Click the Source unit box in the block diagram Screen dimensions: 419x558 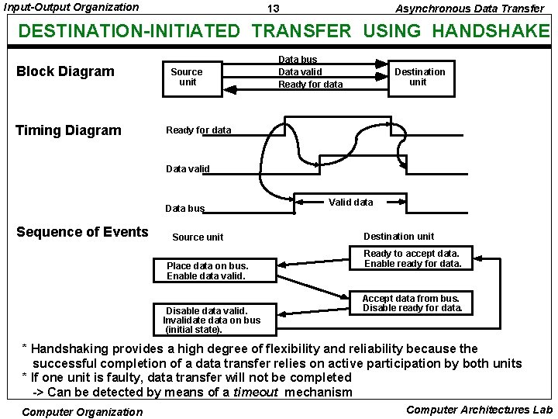[x=188, y=77]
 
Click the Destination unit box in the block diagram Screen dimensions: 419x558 [x=419, y=77]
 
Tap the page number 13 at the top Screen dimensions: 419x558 [x=273, y=9]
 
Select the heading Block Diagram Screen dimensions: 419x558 [x=65, y=71]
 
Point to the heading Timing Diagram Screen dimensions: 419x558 [x=69, y=130]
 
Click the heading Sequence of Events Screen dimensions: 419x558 [x=82, y=232]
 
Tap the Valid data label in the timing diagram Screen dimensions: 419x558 [x=350, y=202]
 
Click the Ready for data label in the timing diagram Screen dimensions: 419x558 [x=198, y=130]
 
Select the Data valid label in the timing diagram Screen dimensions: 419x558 [x=188, y=168]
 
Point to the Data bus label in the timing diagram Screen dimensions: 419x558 [x=185, y=209]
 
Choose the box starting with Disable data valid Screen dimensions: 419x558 [x=212, y=319]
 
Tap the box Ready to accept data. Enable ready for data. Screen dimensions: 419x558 [x=412, y=258]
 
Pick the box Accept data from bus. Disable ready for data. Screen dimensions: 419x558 [x=412, y=303]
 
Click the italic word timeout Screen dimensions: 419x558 [x=256, y=393]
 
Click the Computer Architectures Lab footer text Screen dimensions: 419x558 [x=479, y=410]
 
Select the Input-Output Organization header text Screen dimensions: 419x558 [x=71, y=7]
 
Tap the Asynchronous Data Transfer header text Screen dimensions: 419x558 [x=470, y=9]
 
